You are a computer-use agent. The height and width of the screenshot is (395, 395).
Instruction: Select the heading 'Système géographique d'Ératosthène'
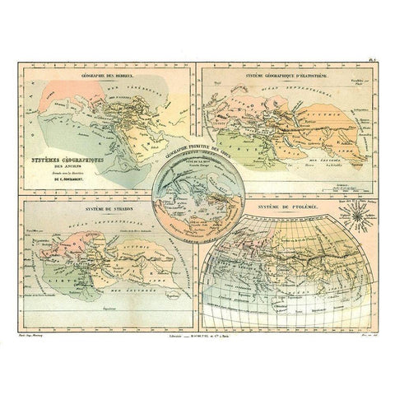click(284, 76)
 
